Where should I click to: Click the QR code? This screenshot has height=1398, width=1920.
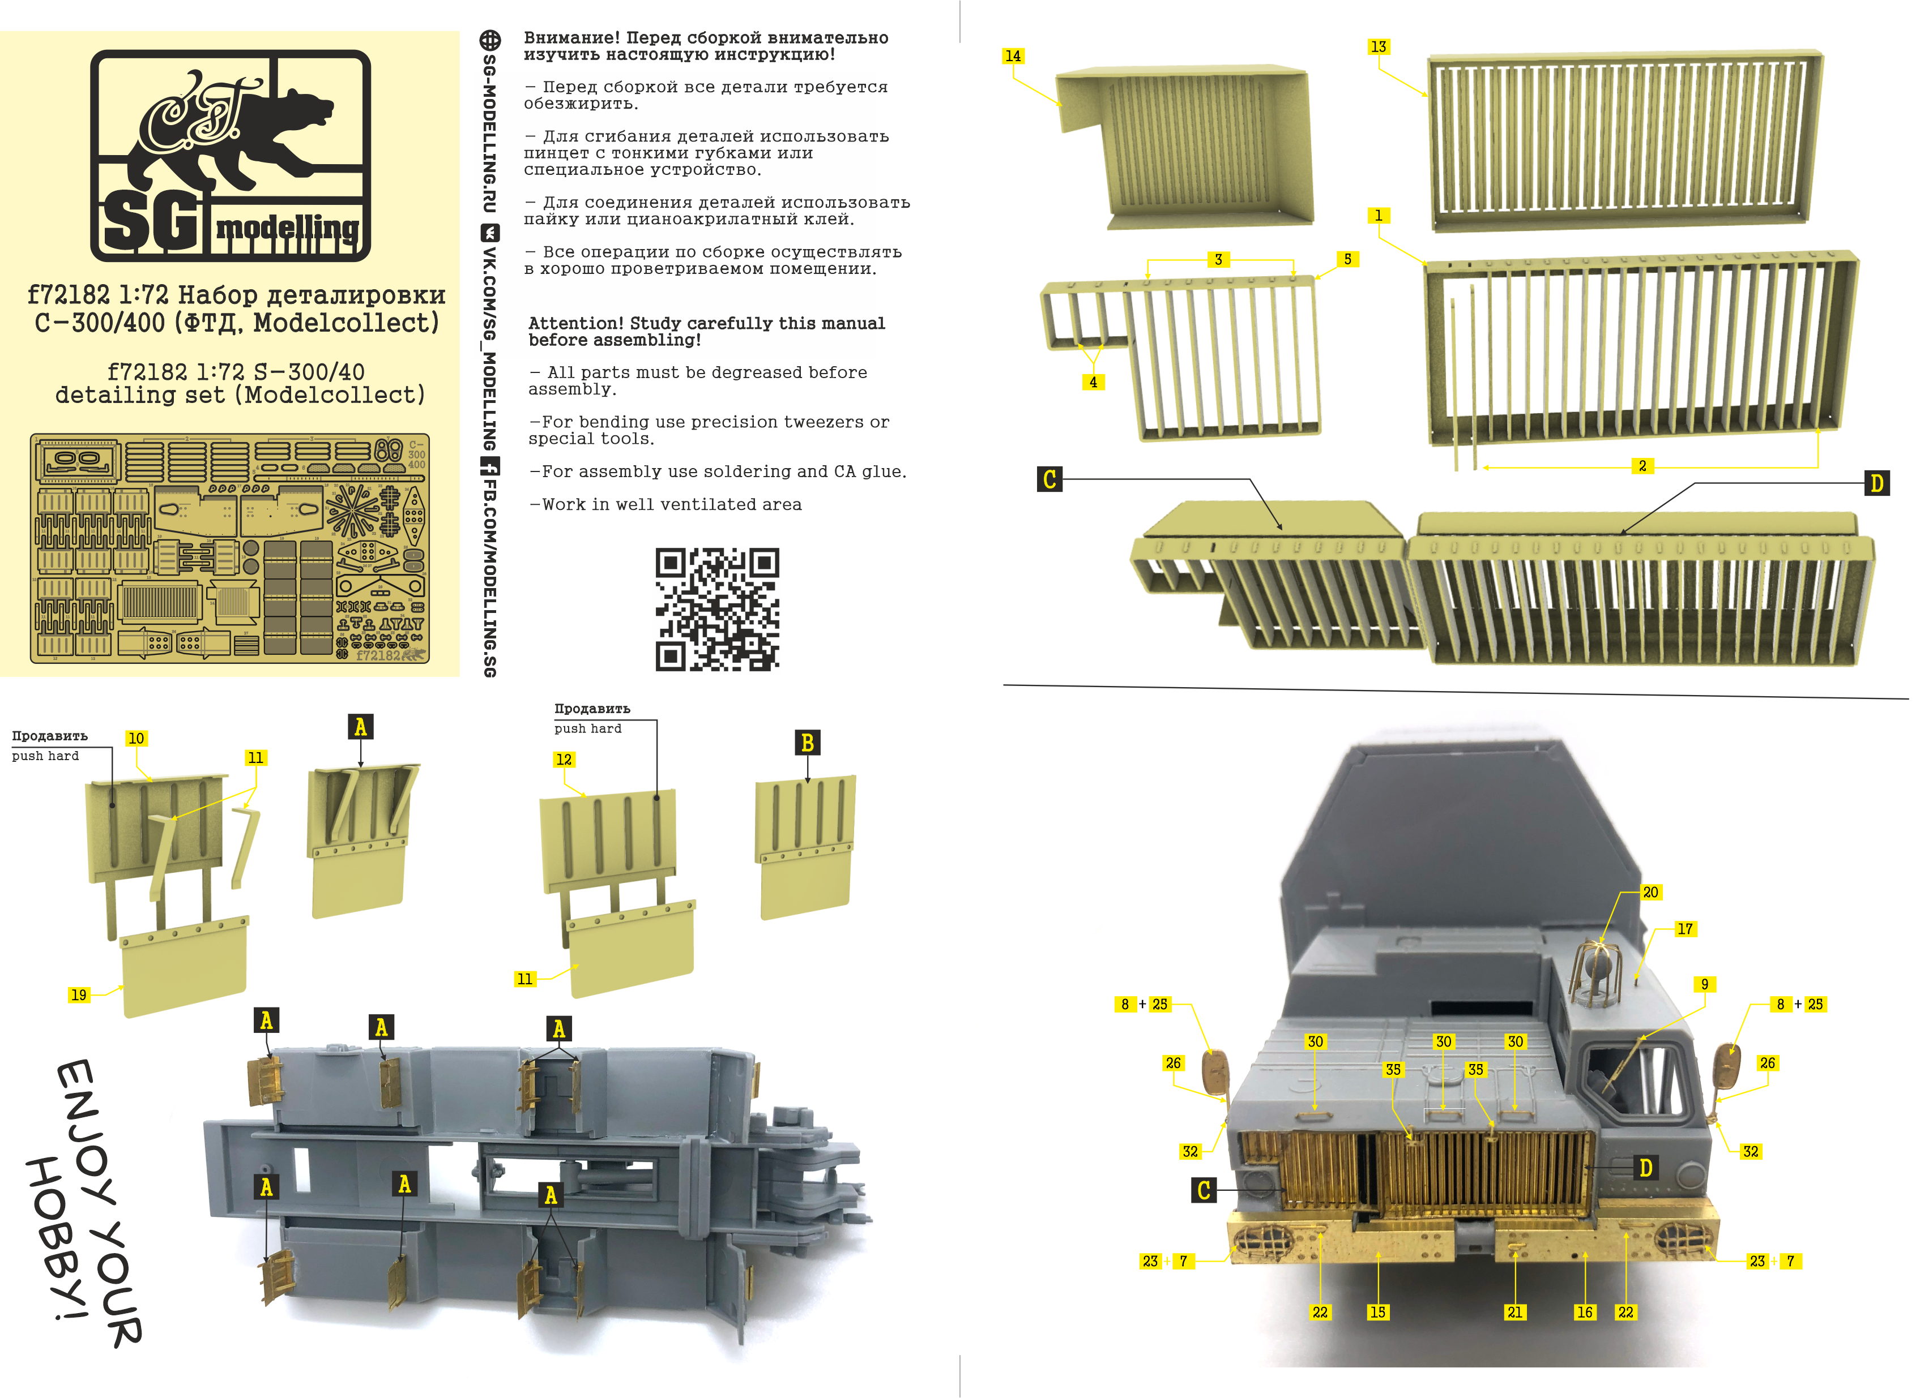coord(717,610)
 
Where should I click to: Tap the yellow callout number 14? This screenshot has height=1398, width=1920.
coord(1013,56)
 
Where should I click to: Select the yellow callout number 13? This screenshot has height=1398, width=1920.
coord(1378,46)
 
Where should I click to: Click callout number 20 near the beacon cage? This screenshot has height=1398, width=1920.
coord(1650,892)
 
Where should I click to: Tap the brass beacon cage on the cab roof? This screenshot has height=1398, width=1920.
coord(1597,973)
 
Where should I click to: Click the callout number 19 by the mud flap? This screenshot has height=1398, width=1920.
coord(79,995)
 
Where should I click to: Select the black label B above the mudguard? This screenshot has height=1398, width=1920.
coord(807,743)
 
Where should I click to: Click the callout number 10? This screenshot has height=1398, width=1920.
coord(135,738)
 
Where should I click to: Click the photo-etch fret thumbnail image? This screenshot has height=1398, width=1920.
coord(229,548)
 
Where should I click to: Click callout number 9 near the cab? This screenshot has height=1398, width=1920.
coord(1705,984)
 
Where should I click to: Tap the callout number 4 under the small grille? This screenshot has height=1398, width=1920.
coord(1093,383)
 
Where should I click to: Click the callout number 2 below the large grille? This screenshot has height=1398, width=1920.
coord(1642,466)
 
